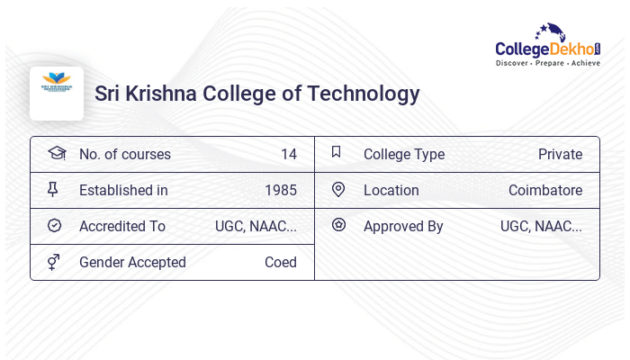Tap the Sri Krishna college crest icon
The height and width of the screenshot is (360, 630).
pyautogui.click(x=57, y=86)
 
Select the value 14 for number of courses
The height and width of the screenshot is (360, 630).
pyautogui.click(x=288, y=155)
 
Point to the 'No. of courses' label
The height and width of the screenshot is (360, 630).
pyautogui.click(x=124, y=155)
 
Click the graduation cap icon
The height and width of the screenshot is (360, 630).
pyautogui.click(x=56, y=153)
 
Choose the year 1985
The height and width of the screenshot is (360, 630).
pyautogui.click(x=280, y=191)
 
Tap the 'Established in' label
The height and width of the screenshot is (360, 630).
pyautogui.click(x=123, y=191)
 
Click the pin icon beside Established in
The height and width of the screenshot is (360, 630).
pyautogui.click(x=53, y=189)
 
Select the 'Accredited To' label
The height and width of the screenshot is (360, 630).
pyautogui.click(x=121, y=227)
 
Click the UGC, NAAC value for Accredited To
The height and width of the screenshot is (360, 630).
pyautogui.click(x=256, y=227)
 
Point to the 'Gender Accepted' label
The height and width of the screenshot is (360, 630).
pyautogui.click(x=132, y=263)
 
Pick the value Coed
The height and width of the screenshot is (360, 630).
pyautogui.click(x=280, y=263)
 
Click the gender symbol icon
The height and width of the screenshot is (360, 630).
pyautogui.click(x=54, y=262)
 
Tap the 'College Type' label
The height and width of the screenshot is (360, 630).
pyautogui.click(x=403, y=155)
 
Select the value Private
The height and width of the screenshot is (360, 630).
pyautogui.click(x=560, y=155)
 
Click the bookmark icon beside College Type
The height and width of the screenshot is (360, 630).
pyautogui.click(x=337, y=152)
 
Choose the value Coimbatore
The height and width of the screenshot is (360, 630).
pyautogui.click(x=544, y=191)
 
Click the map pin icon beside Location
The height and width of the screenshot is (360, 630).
pyautogui.click(x=338, y=189)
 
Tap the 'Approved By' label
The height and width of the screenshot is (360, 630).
pyautogui.click(x=403, y=227)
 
